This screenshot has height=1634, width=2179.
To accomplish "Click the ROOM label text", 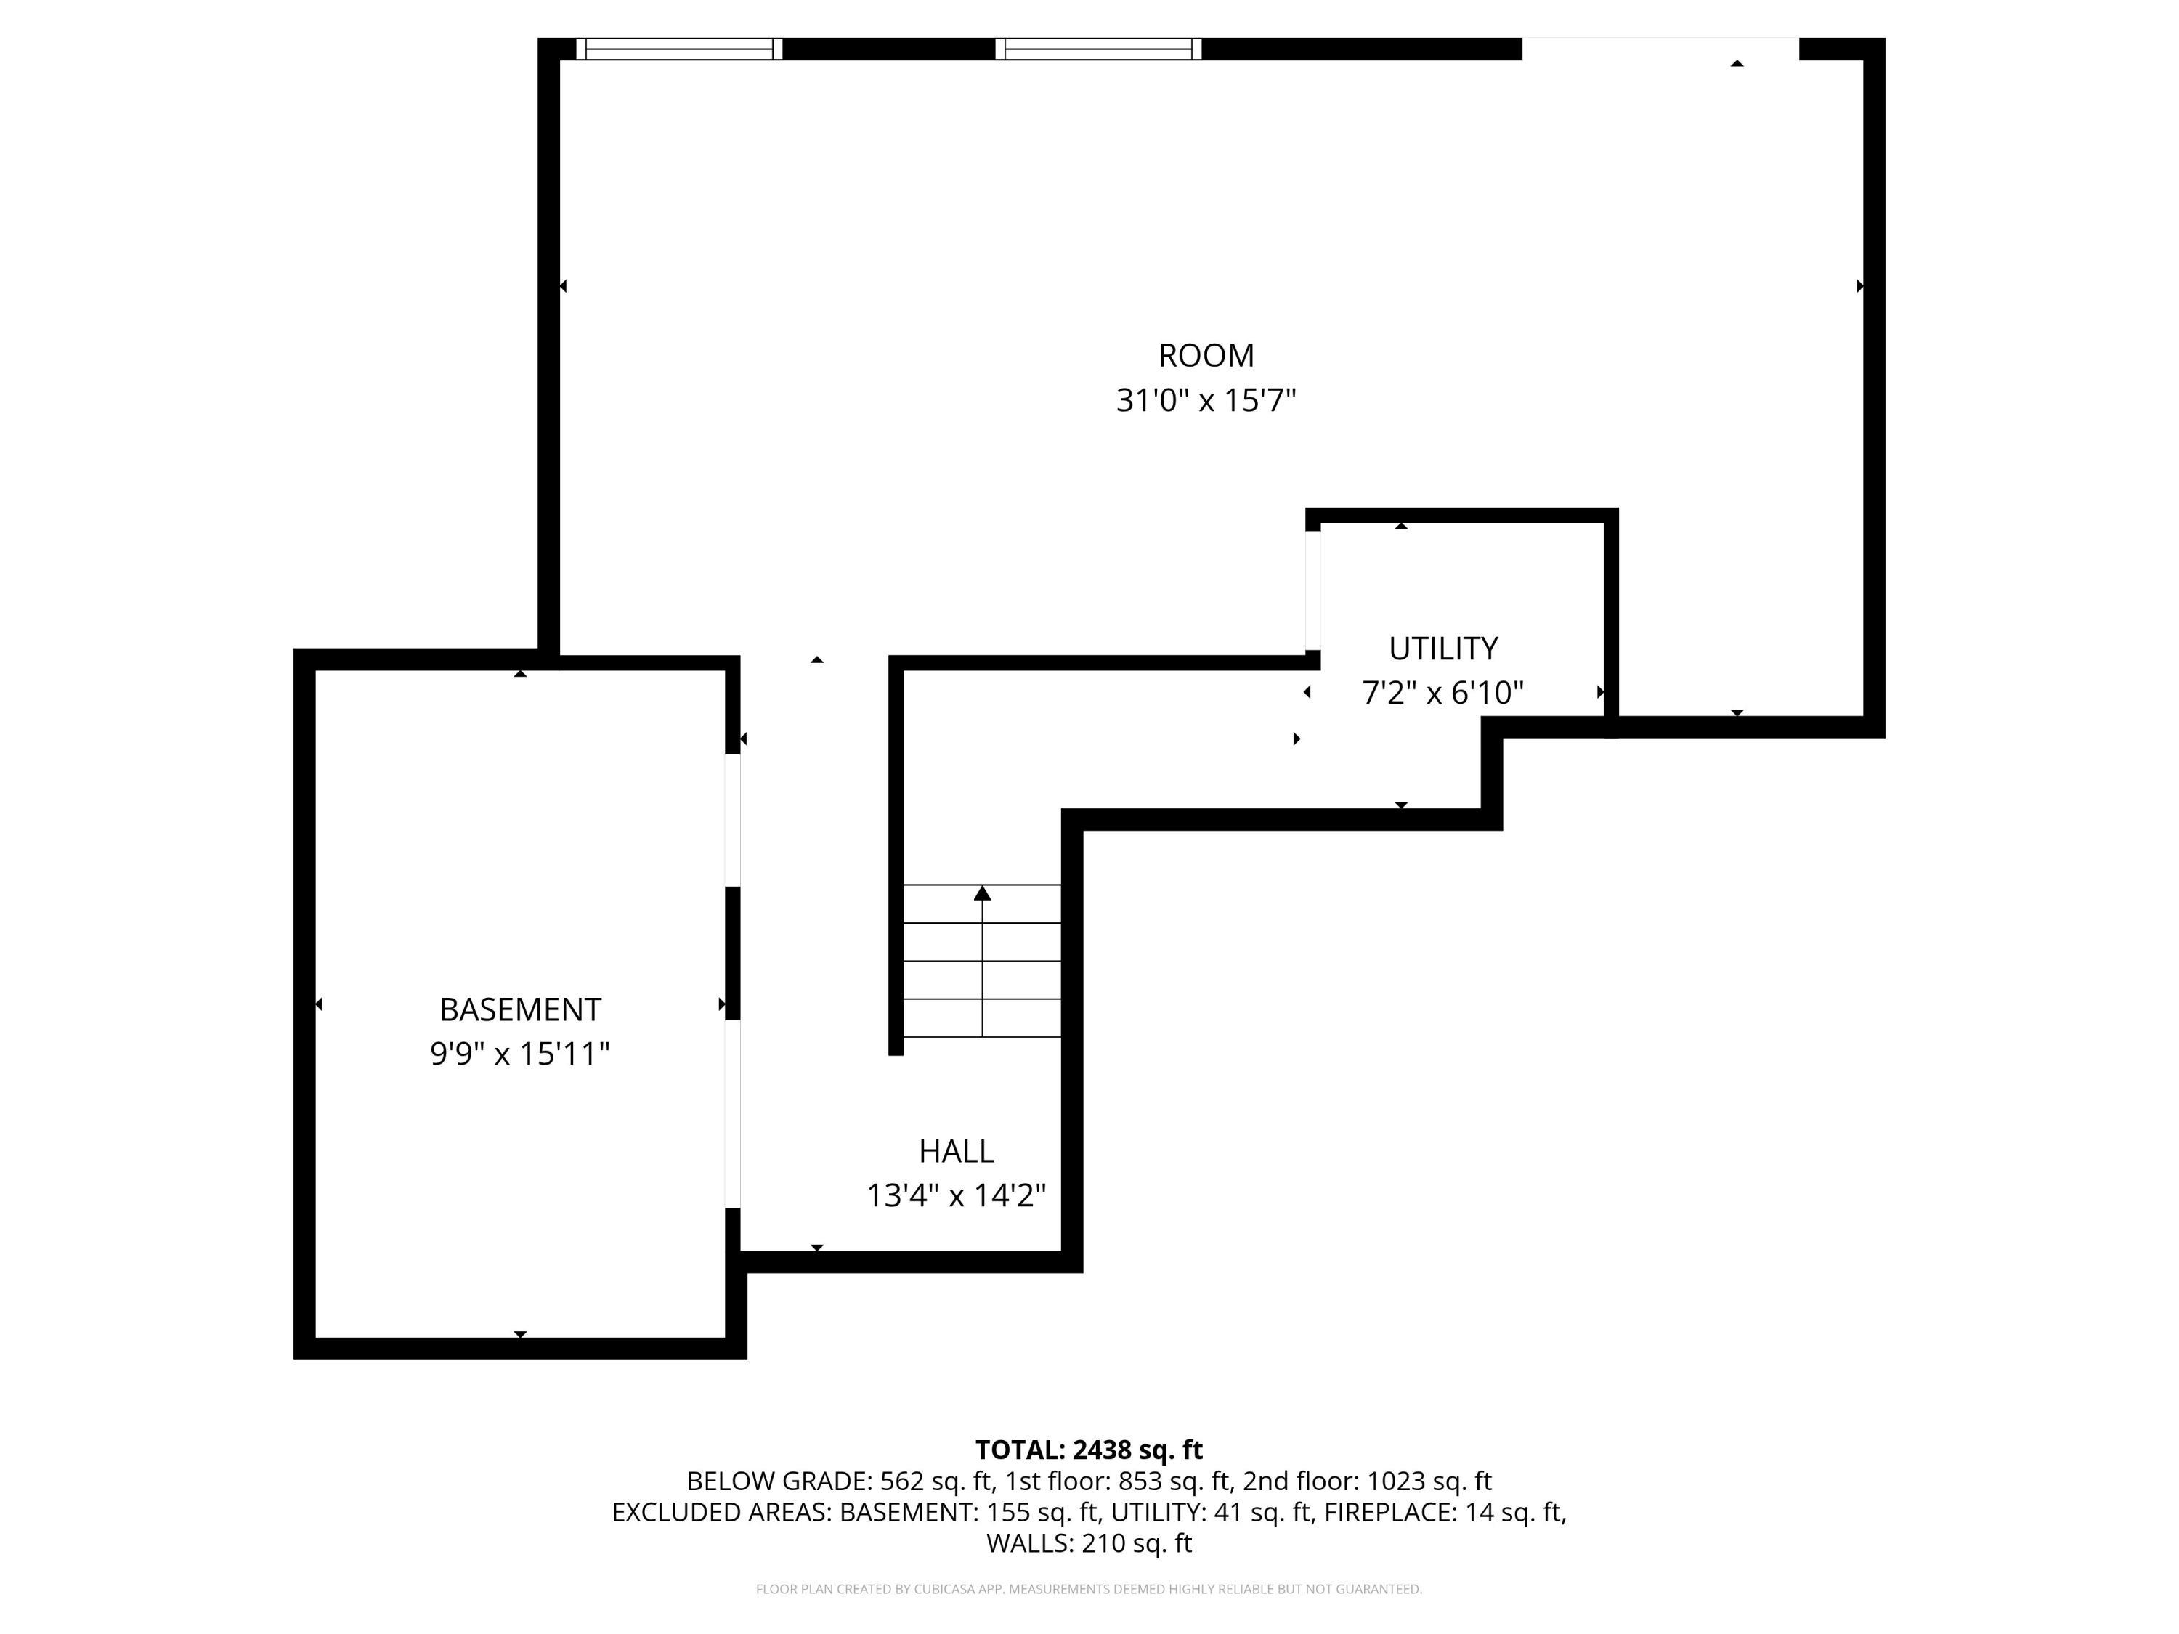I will pyautogui.click(x=1206, y=356).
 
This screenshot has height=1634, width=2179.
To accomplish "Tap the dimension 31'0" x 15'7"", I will pyautogui.click(x=1206, y=401).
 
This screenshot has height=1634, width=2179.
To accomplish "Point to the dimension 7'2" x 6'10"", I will pyautogui.click(x=1443, y=694).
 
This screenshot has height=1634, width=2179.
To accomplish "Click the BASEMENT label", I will pyautogui.click(x=520, y=1009).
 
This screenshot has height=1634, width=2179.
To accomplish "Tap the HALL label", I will pyautogui.click(x=957, y=1150).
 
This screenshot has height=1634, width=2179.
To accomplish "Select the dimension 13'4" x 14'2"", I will pyautogui.click(x=957, y=1195).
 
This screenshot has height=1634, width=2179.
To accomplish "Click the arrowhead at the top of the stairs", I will pyautogui.click(x=982, y=893).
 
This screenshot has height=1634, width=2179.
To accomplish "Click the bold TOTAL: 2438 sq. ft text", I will pyautogui.click(x=1089, y=1450).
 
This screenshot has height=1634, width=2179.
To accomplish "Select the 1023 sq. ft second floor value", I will pyautogui.click(x=1429, y=1481).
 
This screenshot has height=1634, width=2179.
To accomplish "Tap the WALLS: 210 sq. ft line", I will pyautogui.click(x=1089, y=1543).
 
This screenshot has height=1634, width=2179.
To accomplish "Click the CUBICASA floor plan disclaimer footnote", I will pyautogui.click(x=1089, y=1589).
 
